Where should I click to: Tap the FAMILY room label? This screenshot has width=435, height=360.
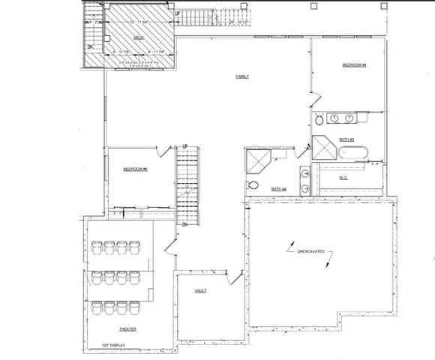click(242, 76)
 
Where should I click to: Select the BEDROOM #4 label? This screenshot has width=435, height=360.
click(353, 65)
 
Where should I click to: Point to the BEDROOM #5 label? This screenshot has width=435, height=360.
click(135, 169)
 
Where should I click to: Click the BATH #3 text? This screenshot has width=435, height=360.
click(346, 139)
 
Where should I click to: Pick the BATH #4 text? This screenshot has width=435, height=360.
click(279, 188)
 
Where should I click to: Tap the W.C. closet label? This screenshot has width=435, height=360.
click(342, 178)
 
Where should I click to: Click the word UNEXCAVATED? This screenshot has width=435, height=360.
click(310, 250)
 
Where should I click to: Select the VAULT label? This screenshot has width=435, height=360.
click(200, 290)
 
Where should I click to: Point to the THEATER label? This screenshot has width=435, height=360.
click(127, 329)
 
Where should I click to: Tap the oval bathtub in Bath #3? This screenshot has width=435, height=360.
click(352, 154)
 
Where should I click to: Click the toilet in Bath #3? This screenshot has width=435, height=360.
click(319, 119)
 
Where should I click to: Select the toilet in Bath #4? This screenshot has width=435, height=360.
click(253, 185)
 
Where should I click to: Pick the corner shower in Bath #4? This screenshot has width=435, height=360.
click(257, 162)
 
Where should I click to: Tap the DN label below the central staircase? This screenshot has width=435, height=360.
click(184, 224)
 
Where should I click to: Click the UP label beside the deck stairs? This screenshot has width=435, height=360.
click(177, 13)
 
